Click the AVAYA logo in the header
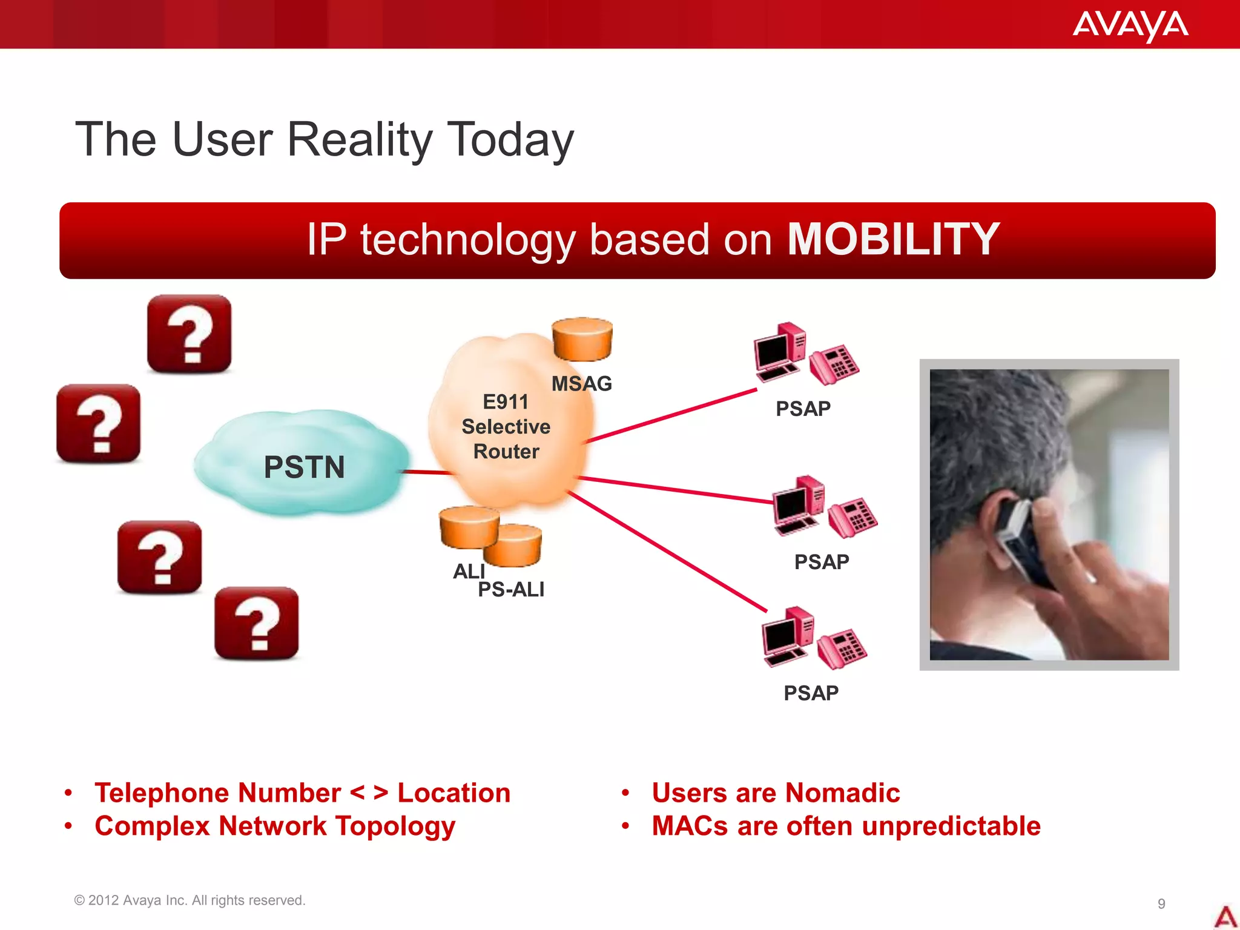(x=1130, y=25)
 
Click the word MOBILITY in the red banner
(x=892, y=240)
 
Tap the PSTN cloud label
(x=304, y=467)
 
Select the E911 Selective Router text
(x=506, y=426)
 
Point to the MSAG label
(x=581, y=384)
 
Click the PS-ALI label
(x=511, y=590)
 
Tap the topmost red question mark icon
(x=189, y=334)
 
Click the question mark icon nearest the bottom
(x=257, y=623)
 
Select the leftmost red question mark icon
(x=98, y=423)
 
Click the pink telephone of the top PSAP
(x=834, y=364)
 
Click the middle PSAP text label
(x=821, y=562)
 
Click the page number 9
(x=1161, y=903)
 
